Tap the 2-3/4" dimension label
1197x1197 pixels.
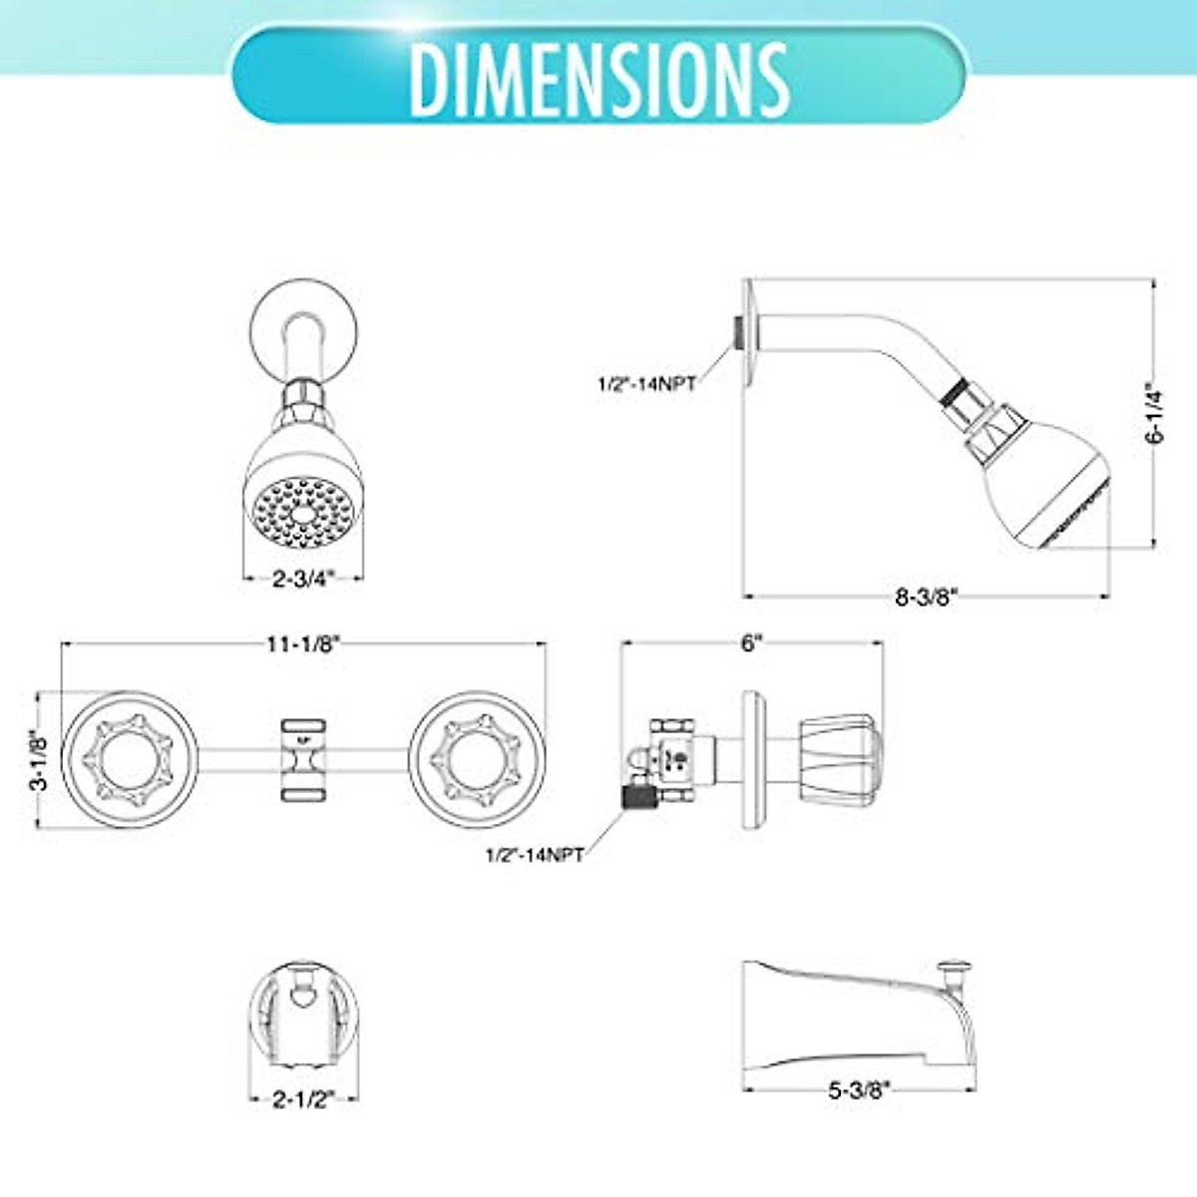pos(304,579)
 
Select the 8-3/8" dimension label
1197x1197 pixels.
pos(926,598)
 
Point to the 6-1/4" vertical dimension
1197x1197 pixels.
pos(1155,413)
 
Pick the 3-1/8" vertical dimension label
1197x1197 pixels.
pos(40,759)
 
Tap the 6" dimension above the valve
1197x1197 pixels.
pos(752,644)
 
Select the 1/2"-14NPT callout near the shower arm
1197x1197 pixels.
pos(646,383)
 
